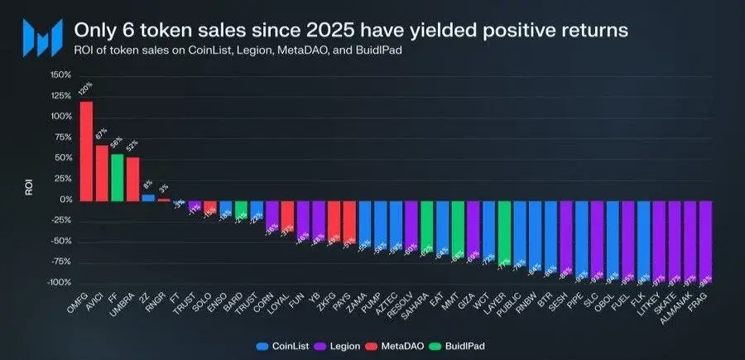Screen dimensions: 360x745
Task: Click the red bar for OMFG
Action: click(85, 151)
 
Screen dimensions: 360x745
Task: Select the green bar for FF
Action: click(117, 177)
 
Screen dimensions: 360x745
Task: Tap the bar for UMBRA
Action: click(132, 179)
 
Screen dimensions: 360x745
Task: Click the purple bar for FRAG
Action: click(706, 241)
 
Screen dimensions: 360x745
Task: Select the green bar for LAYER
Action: click(504, 232)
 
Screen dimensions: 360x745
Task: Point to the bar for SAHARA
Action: click(426, 226)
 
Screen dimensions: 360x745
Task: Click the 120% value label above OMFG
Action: click(84, 89)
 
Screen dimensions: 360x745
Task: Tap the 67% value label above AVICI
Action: click(101, 134)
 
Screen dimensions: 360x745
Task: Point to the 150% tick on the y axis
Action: click(60, 74)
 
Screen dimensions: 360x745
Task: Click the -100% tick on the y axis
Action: click(58, 283)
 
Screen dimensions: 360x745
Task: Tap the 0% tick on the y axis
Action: click(65, 199)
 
